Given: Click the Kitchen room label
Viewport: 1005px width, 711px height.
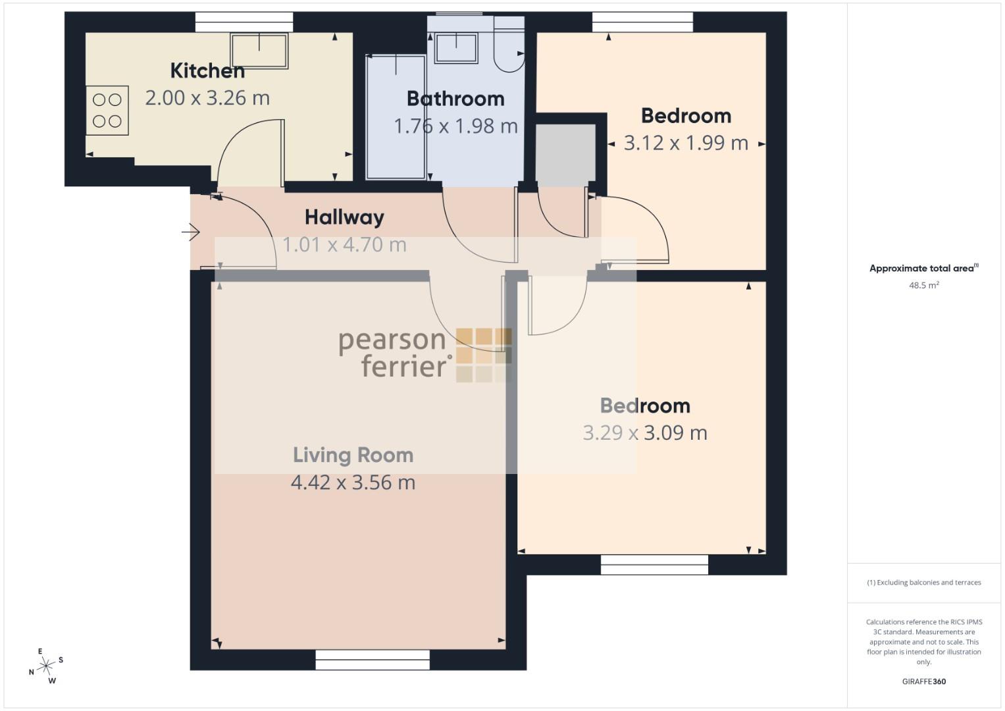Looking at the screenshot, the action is click(207, 71).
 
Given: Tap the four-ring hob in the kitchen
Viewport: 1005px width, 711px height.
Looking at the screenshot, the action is click(107, 111).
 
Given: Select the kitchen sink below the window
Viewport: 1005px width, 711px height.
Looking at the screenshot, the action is click(259, 51).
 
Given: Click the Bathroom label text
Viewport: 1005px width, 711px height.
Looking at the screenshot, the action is click(455, 99).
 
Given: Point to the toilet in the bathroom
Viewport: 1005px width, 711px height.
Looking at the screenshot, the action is click(509, 44).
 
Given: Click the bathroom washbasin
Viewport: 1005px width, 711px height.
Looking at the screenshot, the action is click(456, 48).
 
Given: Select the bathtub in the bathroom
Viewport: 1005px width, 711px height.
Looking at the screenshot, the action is click(396, 117).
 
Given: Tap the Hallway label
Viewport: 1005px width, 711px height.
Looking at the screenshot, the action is click(345, 218).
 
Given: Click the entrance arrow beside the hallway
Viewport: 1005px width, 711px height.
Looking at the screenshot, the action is click(191, 232).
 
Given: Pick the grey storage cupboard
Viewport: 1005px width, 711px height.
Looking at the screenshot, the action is click(565, 155).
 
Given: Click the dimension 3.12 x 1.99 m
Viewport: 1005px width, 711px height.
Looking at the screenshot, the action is click(686, 144).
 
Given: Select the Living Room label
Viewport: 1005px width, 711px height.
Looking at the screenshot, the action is click(353, 455).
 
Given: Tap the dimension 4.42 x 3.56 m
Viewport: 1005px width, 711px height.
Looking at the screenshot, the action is click(353, 483).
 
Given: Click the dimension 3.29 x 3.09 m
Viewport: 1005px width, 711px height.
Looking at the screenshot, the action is click(645, 433).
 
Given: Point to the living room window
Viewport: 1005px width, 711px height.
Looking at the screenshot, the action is click(373, 660).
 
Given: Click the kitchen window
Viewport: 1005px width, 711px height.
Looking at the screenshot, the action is click(244, 22).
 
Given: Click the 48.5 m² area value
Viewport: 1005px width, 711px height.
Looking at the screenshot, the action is click(924, 285).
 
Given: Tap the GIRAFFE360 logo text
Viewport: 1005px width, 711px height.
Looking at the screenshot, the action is click(924, 681).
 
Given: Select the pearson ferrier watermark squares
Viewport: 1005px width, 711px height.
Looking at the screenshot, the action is click(484, 355).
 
